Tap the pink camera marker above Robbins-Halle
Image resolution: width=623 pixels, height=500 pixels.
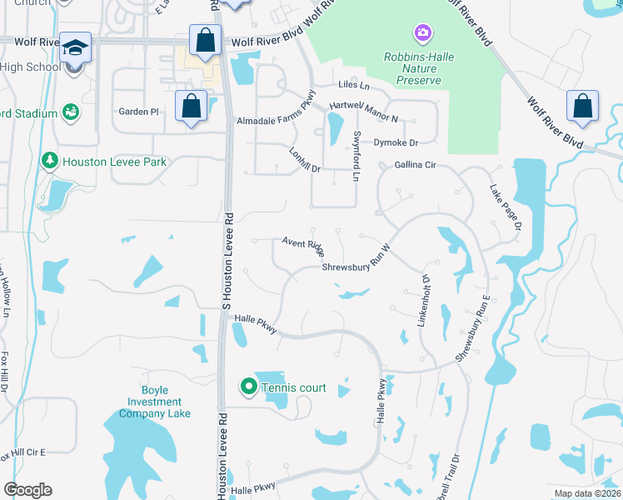pos(423,34)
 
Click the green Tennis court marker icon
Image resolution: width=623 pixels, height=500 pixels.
pos(248,387)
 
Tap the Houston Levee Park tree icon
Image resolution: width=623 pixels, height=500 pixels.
pos(50,160)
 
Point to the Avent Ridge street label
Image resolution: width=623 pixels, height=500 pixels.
pos(302,244)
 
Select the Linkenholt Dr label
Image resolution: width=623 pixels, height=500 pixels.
pos(426,300)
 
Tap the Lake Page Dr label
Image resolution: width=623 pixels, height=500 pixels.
pos(506,207)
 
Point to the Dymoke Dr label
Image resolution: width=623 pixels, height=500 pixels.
pos(395,142)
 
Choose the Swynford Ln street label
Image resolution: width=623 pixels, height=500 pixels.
pos(356,156)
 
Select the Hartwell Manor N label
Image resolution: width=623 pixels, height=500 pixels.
pos(364,107)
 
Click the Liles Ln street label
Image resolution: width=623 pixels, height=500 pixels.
pos(353,85)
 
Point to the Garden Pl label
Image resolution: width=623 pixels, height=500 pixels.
pos(138,112)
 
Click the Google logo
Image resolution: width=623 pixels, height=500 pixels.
pos(27,490)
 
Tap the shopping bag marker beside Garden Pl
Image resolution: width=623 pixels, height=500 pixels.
pos(192,107)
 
